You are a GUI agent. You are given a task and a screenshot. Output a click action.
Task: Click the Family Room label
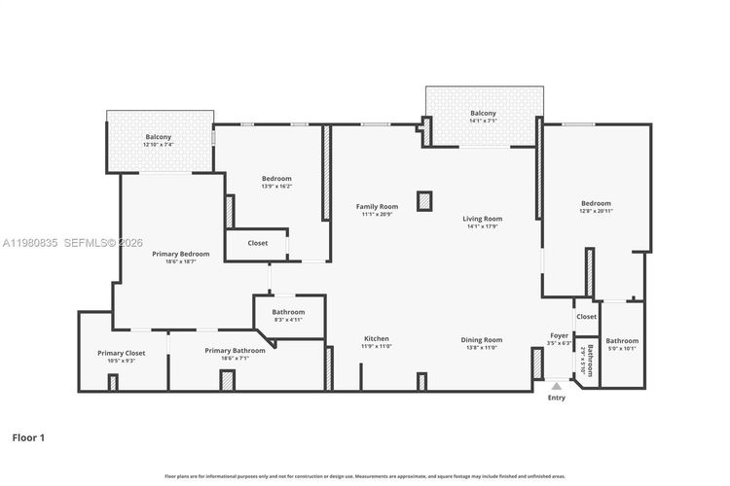(x=377, y=206)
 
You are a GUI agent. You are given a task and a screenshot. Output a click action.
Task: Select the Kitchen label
(x=377, y=339)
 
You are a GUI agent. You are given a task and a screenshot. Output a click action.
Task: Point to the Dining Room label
(x=482, y=339)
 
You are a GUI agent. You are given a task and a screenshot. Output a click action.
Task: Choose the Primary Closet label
(x=122, y=353)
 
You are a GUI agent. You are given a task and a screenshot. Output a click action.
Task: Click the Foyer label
(x=559, y=335)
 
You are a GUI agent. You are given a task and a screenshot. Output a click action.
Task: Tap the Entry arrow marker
(x=557, y=386)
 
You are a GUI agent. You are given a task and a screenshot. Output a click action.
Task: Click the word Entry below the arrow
(x=557, y=398)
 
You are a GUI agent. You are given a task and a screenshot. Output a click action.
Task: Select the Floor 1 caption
(x=28, y=438)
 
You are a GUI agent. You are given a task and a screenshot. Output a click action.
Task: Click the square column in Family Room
(x=423, y=201)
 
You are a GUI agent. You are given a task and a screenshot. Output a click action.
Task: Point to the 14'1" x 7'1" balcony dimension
(x=483, y=121)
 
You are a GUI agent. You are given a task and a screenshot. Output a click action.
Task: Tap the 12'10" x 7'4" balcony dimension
(x=159, y=145)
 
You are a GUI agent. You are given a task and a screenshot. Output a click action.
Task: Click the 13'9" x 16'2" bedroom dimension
(x=276, y=187)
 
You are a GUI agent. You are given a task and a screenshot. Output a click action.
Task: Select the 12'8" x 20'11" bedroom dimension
(x=596, y=211)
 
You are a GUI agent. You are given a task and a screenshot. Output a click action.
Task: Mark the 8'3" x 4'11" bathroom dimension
(x=288, y=320)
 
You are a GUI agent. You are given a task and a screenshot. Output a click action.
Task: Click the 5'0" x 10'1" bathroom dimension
(x=622, y=349)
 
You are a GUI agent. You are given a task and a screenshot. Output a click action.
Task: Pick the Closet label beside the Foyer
(x=586, y=317)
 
